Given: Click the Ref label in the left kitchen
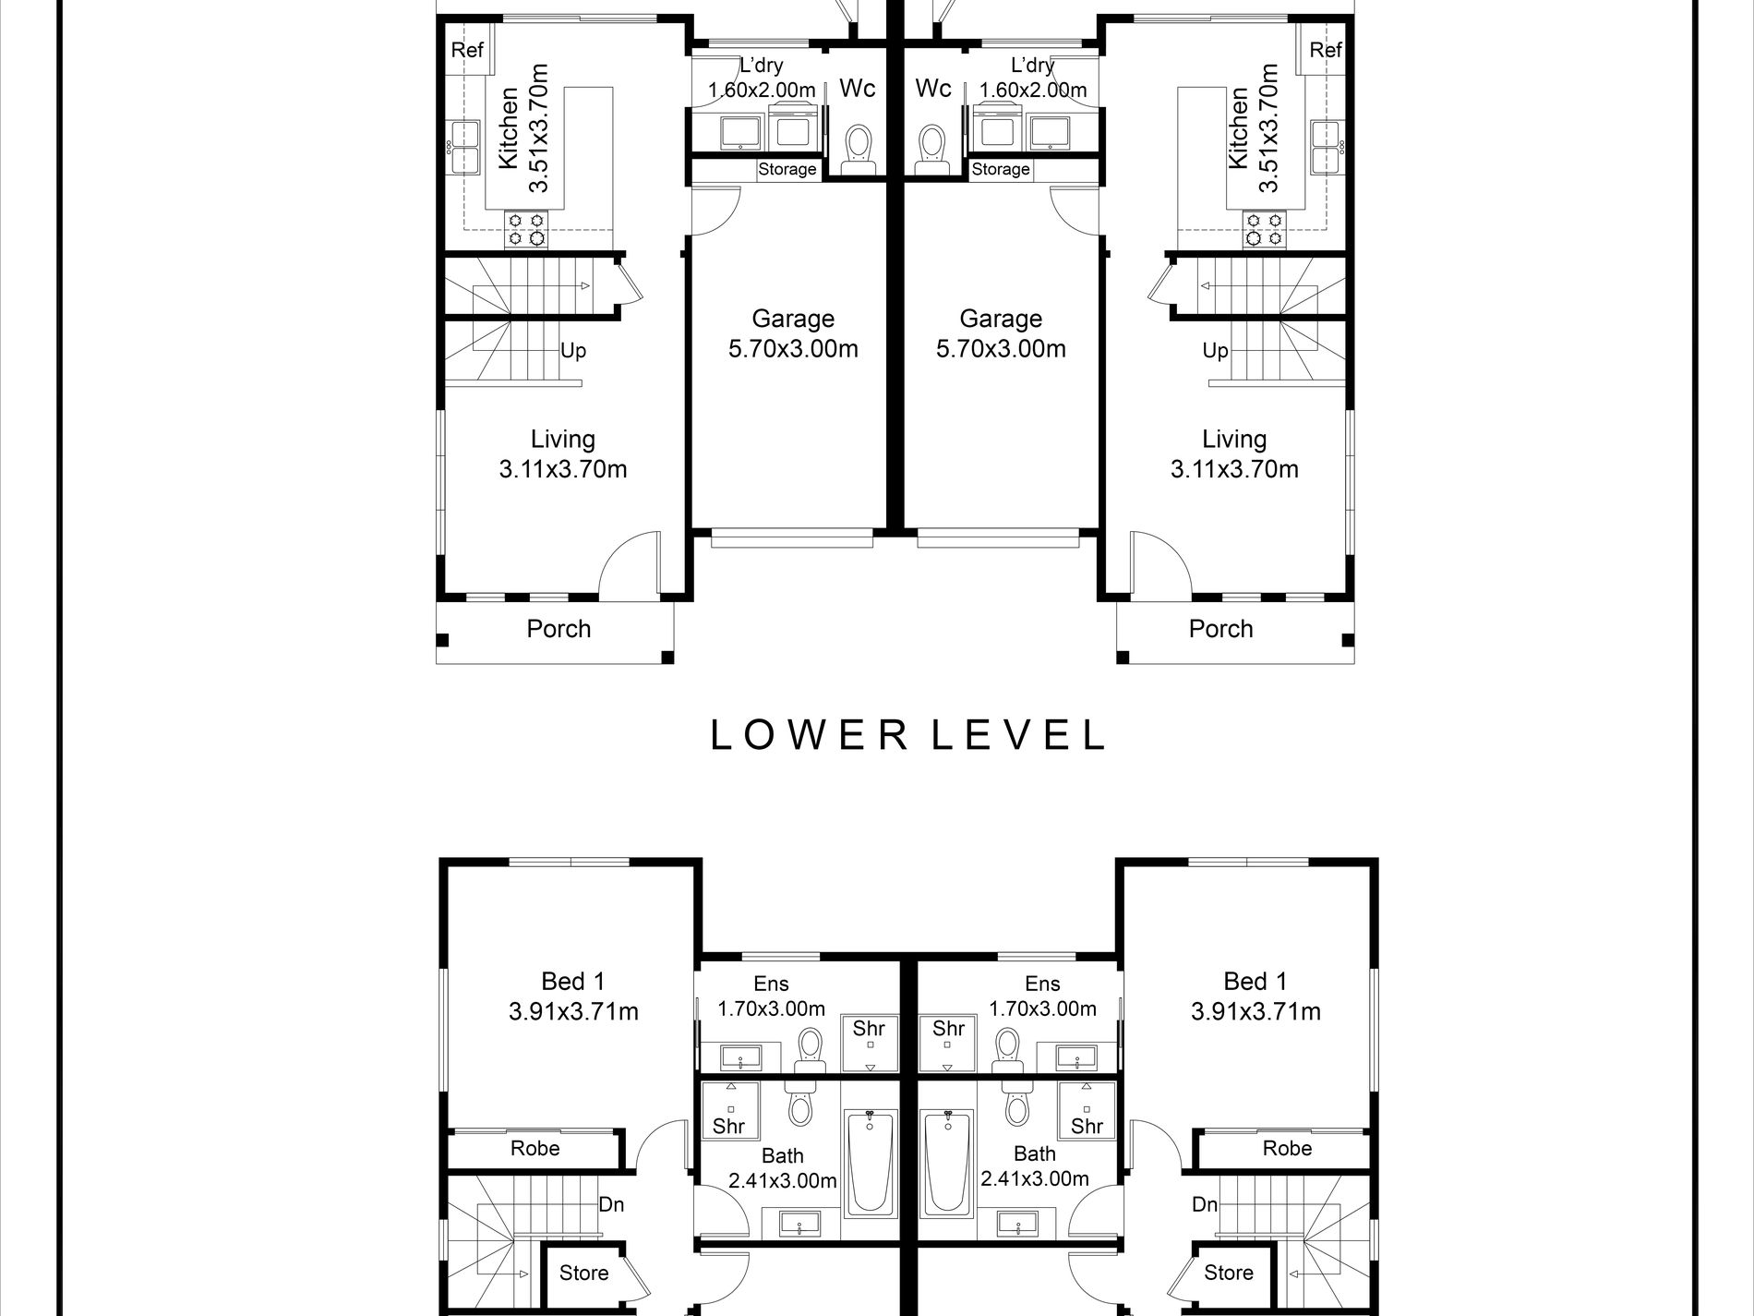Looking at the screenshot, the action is point(467,49).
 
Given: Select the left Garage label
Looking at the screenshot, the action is point(793,319).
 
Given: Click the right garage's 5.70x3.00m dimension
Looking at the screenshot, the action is point(1001,349).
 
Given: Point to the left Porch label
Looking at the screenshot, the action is point(559,629).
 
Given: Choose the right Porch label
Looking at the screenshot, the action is point(1220,629).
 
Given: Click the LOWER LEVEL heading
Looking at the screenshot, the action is point(907,734).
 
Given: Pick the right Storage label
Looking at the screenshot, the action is point(1001,169).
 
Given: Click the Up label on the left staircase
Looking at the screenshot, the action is point(572,351).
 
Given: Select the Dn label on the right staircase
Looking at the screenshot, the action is point(1205,1204).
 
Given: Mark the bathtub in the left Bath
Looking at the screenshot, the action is point(869,1162).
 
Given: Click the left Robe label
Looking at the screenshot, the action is point(535,1148).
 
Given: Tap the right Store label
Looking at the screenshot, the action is point(1229,1273).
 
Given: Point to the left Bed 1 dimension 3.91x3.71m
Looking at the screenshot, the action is point(573,1011).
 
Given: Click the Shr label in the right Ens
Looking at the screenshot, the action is point(948,1028).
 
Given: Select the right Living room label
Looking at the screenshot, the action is point(1234,440).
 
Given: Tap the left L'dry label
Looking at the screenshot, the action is point(762,66).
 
